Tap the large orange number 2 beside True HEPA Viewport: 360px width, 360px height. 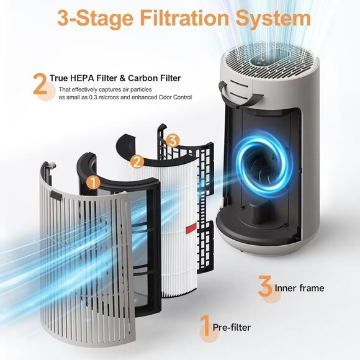click(x=40, y=84)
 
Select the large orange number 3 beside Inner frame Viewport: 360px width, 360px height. click(x=265, y=287)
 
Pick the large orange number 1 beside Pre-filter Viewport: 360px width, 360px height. click(x=205, y=326)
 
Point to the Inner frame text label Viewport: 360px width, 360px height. click(x=299, y=288)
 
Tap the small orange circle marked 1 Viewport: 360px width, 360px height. click(x=92, y=183)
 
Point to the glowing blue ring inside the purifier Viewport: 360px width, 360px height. click(x=260, y=166)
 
